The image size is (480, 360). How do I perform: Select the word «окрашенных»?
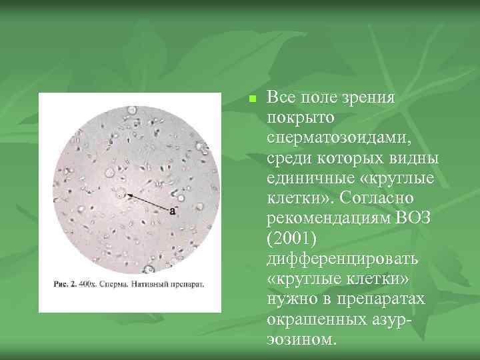[x=314, y=319]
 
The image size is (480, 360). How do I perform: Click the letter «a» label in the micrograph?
[x=173, y=211]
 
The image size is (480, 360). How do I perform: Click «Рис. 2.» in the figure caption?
[x=66, y=284]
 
